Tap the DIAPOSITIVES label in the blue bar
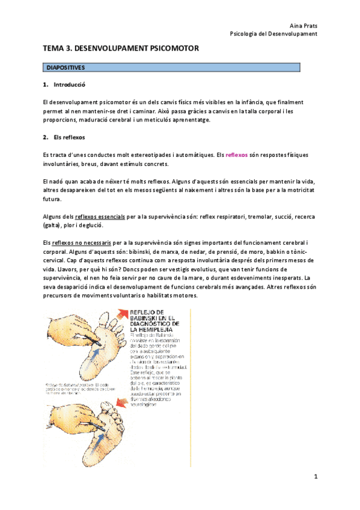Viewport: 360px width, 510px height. [x=66, y=68]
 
